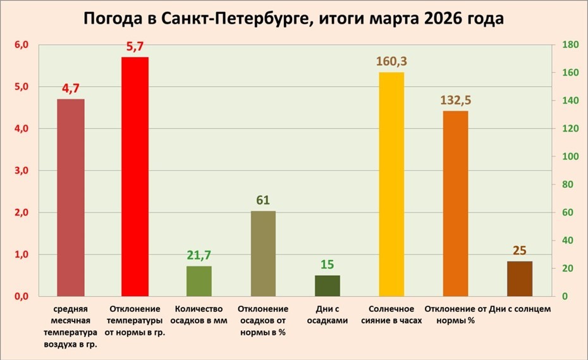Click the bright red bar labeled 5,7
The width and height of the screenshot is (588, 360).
135,177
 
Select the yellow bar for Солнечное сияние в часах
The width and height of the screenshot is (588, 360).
391,184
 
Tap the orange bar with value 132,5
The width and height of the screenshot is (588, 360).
455,203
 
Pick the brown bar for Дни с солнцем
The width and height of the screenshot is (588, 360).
520,278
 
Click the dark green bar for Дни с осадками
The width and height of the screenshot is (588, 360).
327,285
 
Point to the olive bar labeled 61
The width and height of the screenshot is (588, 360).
263,253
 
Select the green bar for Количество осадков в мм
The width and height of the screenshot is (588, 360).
199,281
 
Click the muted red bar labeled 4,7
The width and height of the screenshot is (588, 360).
71,197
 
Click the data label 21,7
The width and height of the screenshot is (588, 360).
199,255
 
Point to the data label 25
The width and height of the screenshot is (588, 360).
520,251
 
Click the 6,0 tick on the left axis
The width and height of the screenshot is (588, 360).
21,45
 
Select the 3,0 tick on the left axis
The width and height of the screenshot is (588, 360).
21,171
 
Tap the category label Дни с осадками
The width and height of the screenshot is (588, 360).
327,314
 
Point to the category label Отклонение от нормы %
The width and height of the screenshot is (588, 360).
455,314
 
